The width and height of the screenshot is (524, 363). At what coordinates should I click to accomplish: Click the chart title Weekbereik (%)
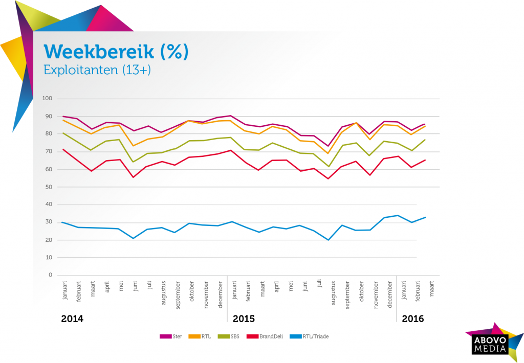point(116,52)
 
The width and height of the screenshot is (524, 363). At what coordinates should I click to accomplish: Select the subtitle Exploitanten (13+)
point(97,70)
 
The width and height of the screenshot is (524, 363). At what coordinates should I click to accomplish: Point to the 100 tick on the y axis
point(48,99)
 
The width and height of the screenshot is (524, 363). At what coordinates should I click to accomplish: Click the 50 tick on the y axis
point(49,187)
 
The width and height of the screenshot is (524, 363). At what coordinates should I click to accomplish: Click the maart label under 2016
point(432,286)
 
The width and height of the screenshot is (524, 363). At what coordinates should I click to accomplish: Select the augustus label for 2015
point(334,292)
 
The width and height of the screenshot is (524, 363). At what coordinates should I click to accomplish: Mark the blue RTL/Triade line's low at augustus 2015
point(327,240)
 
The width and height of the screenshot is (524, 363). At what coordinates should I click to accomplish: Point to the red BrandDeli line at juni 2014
point(133,177)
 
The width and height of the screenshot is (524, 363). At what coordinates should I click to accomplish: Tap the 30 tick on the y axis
point(49,222)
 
